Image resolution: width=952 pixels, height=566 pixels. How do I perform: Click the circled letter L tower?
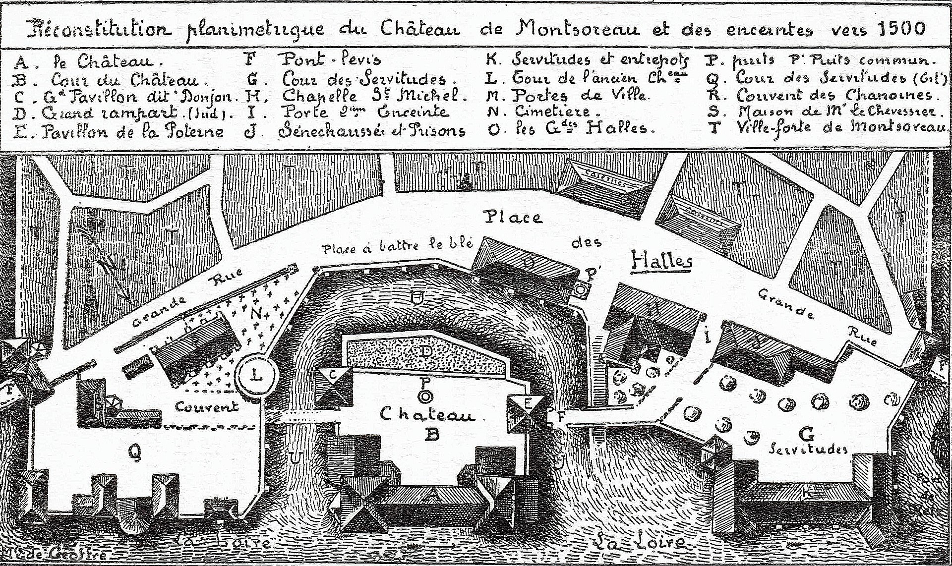coord(257,375)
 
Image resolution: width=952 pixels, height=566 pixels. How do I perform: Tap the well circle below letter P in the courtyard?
coord(425,396)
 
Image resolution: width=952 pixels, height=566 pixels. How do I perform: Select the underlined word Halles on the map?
coord(661,260)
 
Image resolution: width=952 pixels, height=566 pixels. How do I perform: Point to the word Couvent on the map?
coord(207,407)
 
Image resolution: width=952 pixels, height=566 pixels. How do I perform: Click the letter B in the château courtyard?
coord(433,435)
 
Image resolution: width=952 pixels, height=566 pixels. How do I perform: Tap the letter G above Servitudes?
coord(807,435)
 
